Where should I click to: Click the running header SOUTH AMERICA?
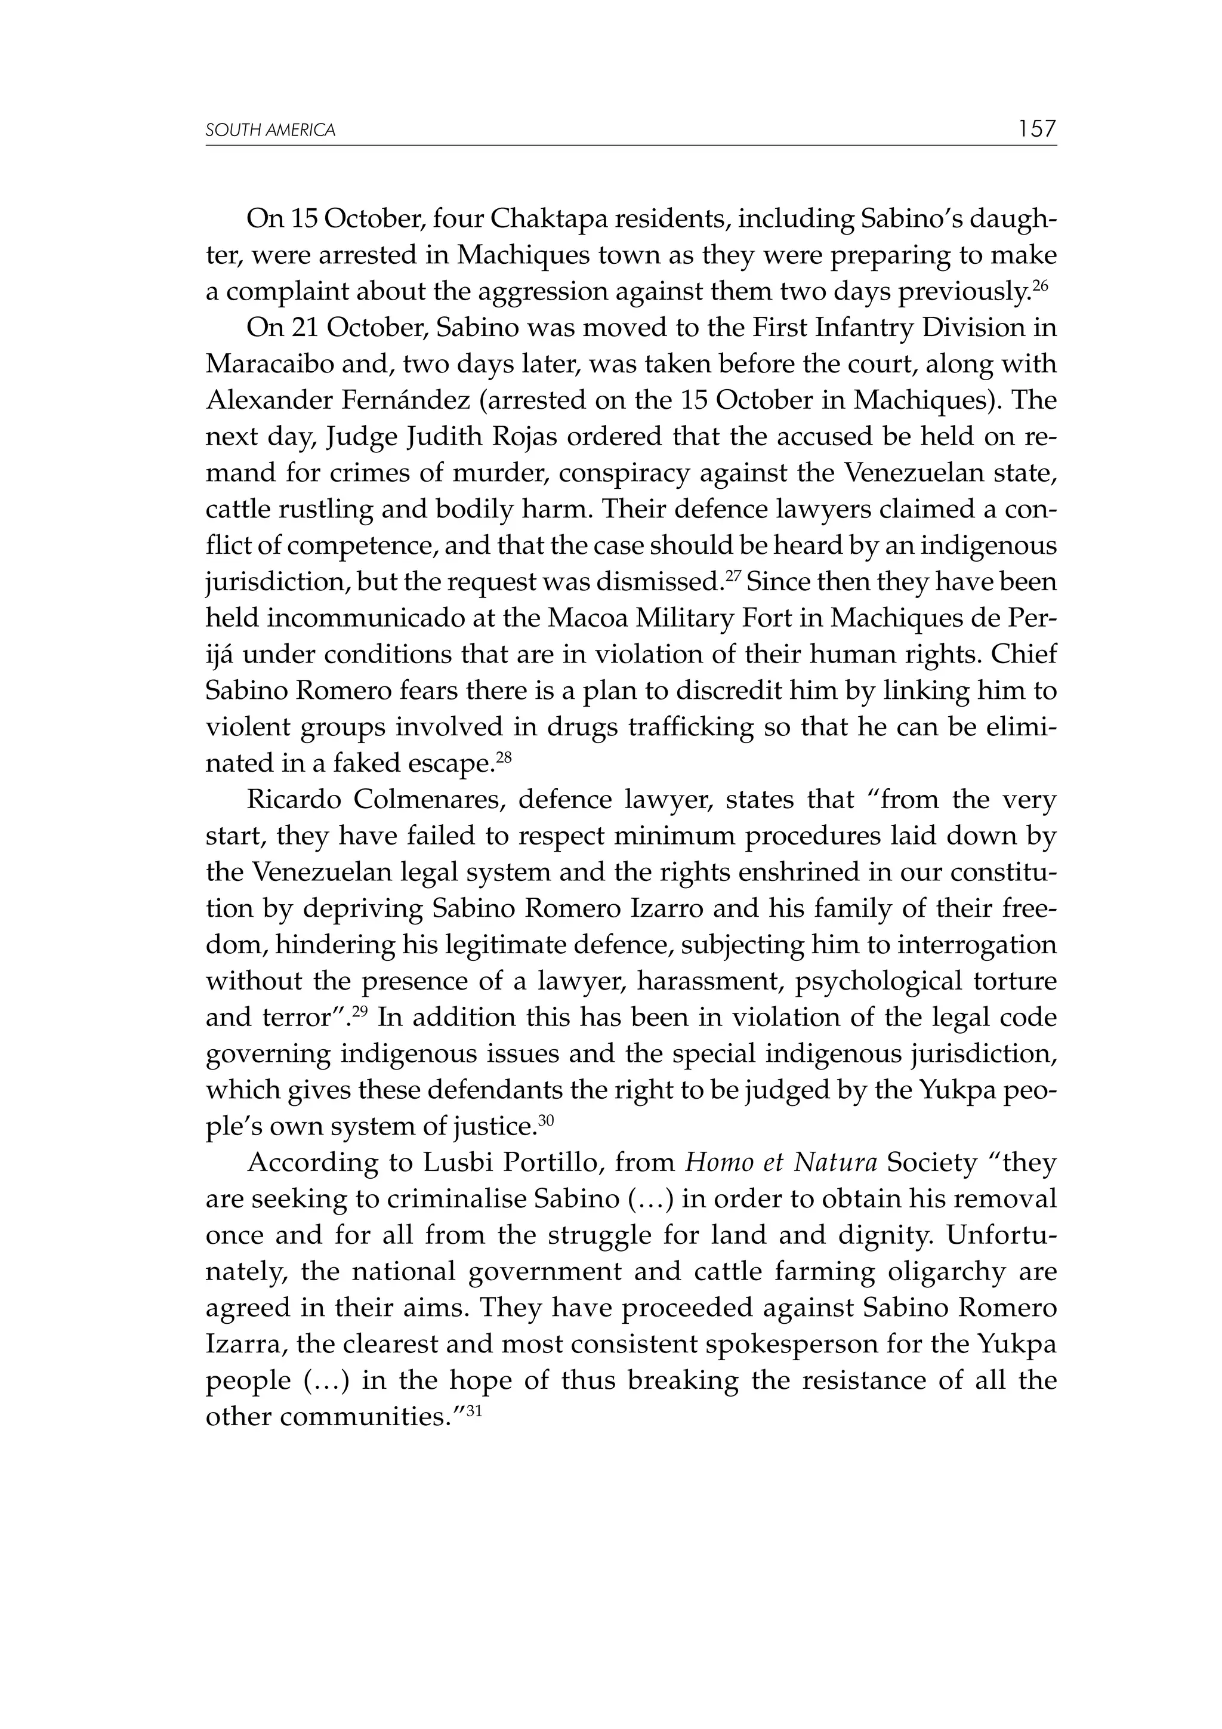coord(270,130)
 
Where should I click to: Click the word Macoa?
coord(588,618)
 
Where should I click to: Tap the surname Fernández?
coord(406,400)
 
